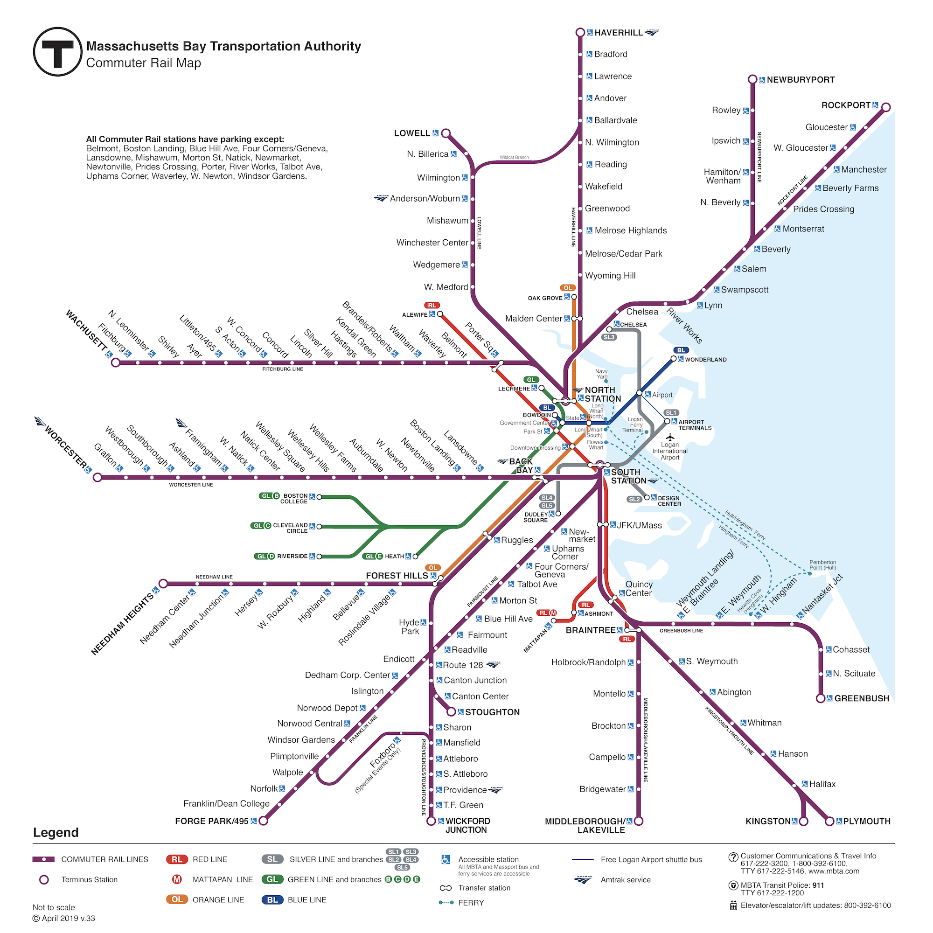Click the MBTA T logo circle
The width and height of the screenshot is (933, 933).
(57, 52)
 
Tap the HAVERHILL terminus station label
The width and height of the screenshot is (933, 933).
(618, 33)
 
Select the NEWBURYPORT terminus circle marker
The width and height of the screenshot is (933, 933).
(752, 79)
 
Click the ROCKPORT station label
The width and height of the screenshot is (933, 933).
(846, 105)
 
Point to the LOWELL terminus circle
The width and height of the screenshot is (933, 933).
(446, 133)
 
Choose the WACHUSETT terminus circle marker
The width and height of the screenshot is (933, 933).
(115, 362)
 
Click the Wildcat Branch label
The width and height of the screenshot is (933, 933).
(514, 157)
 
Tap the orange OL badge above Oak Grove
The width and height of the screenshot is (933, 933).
(567, 288)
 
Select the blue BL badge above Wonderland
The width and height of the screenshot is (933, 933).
(681, 350)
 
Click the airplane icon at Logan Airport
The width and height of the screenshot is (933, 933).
(669, 437)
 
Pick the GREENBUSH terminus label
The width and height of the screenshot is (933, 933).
(862, 698)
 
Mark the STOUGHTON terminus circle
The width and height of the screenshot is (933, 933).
(451, 712)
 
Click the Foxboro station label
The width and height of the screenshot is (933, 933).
(383, 755)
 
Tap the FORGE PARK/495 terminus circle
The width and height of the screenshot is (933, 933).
(263, 821)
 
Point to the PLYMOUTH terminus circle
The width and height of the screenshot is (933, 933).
(829, 821)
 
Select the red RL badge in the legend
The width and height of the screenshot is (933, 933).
(177, 859)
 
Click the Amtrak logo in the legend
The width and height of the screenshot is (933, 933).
(583, 879)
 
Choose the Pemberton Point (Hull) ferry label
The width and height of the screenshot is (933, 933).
(822, 564)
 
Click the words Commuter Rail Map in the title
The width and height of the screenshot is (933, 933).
(143, 63)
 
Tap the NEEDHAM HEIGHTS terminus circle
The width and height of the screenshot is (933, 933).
(163, 584)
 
